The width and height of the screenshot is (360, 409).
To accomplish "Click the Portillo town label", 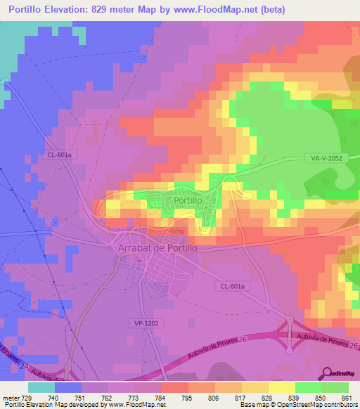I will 188,200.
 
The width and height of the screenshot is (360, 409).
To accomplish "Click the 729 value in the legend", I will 27,397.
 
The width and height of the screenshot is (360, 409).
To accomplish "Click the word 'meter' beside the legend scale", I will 10,397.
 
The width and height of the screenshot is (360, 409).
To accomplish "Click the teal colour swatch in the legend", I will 41,387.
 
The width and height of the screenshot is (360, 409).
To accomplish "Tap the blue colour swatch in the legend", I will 67,387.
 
